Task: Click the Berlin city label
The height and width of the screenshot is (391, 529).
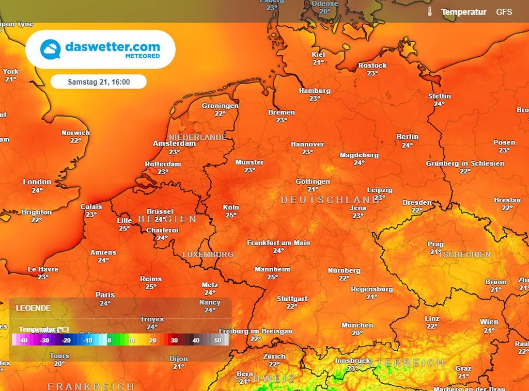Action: [x=407, y=137]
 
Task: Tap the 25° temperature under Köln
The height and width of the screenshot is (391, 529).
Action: [x=230, y=215]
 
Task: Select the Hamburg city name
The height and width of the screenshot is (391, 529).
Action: [x=314, y=91]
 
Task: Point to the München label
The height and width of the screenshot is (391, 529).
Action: [x=357, y=325]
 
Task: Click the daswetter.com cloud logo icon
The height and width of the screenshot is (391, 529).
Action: [x=51, y=49]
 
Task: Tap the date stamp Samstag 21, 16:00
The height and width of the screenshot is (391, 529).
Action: [x=99, y=82]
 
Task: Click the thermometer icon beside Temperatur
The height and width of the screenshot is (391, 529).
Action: [x=429, y=11]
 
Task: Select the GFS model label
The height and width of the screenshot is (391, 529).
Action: [x=504, y=11]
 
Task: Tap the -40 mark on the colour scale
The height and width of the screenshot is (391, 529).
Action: [x=22, y=340]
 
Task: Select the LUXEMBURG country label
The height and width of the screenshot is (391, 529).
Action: [x=208, y=254]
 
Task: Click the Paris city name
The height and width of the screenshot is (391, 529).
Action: [x=105, y=295]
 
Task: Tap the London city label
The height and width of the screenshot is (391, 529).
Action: [x=37, y=182]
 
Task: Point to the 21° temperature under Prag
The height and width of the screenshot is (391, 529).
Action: [x=435, y=252]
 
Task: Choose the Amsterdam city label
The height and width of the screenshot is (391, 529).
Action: [x=174, y=143]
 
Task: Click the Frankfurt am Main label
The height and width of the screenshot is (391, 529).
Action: [x=278, y=242]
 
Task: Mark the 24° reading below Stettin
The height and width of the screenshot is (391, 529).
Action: [x=439, y=104]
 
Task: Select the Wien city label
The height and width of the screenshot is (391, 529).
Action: [x=489, y=322]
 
